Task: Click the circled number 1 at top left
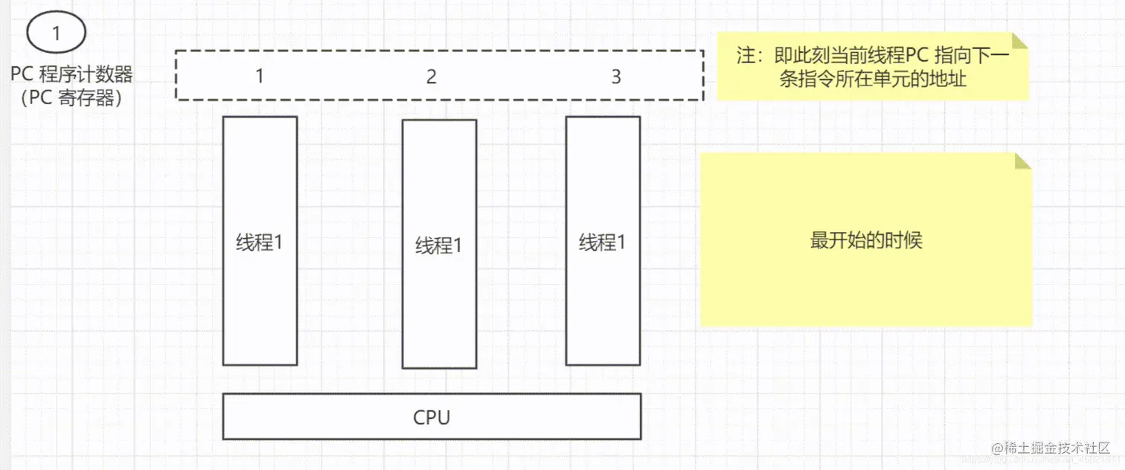tap(57, 33)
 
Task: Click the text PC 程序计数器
tap(71, 74)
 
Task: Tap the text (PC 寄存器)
tap(71, 97)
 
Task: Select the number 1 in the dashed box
tap(259, 76)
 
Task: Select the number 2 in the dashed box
tap(432, 76)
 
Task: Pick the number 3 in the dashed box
tap(615, 76)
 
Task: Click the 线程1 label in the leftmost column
tap(260, 242)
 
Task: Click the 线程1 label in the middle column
tap(438, 245)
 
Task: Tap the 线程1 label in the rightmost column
tap(603, 242)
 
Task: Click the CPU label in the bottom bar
tap(432, 417)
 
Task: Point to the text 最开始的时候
tap(866, 240)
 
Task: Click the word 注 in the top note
tap(745, 57)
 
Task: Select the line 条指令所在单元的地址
tap(873, 80)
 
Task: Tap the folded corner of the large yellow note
tap(1023, 161)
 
